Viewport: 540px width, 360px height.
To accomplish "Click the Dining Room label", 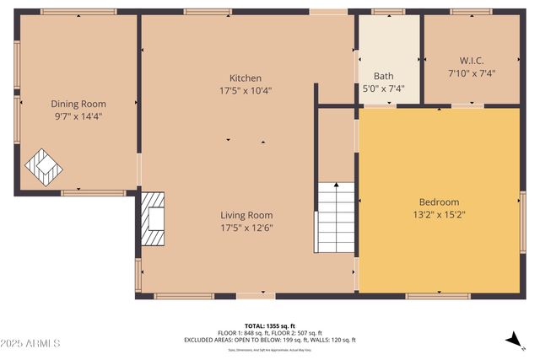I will [78, 104].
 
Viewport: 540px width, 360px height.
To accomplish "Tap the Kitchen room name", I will [245, 78].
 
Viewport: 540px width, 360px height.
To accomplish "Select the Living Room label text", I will [246, 215].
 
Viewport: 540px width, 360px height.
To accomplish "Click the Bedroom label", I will [439, 202].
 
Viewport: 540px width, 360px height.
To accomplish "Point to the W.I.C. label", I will [471, 61].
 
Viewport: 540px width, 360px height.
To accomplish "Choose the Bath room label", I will [384, 76].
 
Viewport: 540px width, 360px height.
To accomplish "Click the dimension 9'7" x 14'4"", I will [78, 116].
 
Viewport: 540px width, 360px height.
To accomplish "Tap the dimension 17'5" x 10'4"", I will [245, 90].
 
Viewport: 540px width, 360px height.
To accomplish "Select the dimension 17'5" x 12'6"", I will [246, 228].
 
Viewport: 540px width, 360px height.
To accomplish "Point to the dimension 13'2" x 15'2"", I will [439, 215].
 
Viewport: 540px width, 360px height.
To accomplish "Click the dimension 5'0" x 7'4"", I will [384, 88].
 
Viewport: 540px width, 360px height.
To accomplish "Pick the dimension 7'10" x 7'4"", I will [471, 73].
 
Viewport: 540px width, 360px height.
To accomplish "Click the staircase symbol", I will [336, 218].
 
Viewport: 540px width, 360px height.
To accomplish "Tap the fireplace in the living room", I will [154, 218].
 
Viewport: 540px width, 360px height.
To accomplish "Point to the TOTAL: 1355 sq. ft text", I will [270, 325].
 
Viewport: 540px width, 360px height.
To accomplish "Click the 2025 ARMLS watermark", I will [31, 344].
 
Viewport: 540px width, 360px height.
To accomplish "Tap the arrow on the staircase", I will [337, 185].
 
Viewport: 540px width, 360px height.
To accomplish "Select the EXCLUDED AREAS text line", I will [270, 340].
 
